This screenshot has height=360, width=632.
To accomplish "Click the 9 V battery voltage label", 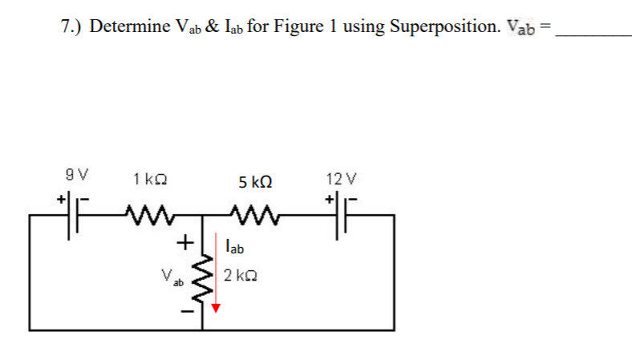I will pyautogui.click(x=77, y=174).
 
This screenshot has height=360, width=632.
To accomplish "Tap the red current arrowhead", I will pyautogui.click(x=215, y=307).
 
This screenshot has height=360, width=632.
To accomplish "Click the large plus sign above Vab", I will pyautogui.click(x=184, y=240).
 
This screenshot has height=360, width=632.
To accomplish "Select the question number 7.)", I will pyautogui.click(x=74, y=26).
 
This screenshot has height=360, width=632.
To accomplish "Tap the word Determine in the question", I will pyautogui.click(x=128, y=26).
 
